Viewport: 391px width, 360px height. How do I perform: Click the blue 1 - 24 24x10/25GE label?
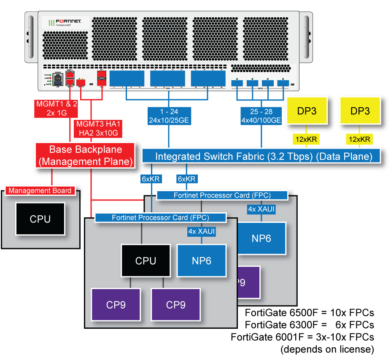click(169, 116)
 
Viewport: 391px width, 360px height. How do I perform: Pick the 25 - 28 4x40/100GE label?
click(261, 116)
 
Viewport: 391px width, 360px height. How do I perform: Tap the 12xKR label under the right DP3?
click(361, 139)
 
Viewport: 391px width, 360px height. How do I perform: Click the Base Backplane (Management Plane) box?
click(86, 155)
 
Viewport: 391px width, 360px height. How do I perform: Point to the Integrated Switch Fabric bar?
click(263, 156)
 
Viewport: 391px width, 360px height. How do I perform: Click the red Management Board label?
click(40, 191)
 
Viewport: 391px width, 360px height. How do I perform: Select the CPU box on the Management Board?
click(40, 219)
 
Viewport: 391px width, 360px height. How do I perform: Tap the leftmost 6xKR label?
click(151, 179)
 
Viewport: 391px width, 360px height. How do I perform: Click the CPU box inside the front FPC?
click(146, 261)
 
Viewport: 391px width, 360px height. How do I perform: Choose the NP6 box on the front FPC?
click(202, 261)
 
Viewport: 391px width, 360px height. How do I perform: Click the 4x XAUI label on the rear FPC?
click(262, 209)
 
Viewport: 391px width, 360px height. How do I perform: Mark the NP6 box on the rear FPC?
click(262, 238)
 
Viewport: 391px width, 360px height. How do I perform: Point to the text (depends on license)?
click(327, 349)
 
